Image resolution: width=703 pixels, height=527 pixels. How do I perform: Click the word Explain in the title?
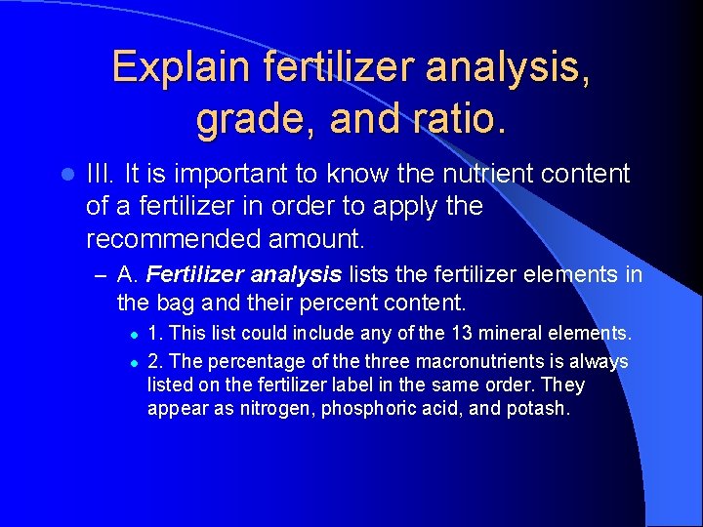pos(182,67)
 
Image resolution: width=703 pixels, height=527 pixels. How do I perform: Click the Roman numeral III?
pos(99,175)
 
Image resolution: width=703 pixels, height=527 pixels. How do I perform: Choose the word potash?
pos(538,409)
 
